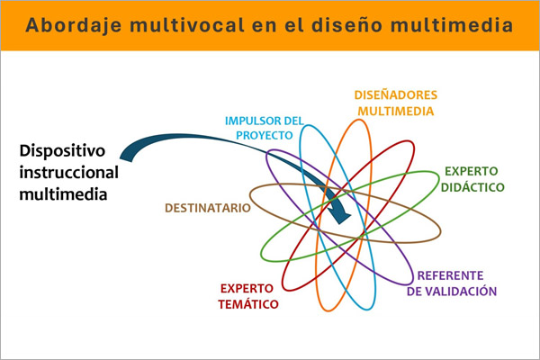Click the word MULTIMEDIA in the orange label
coord(396,112)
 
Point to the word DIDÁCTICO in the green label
coord(472,187)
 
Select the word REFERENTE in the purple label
coord(452,275)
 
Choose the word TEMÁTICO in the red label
coord(248,304)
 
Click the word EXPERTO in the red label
coord(249,289)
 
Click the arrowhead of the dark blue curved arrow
coord(341,215)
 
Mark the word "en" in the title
coord(261,24)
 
